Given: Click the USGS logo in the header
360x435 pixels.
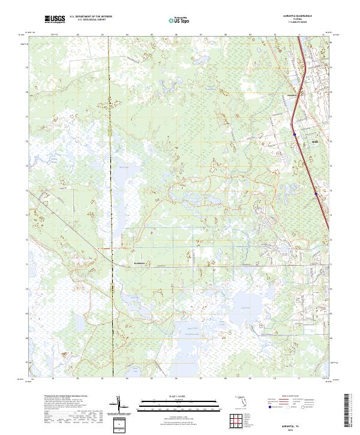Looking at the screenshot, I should pos(55,20).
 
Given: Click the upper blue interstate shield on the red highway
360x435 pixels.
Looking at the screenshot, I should pos(295,134).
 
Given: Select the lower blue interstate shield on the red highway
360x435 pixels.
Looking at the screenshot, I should pos(316,193).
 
